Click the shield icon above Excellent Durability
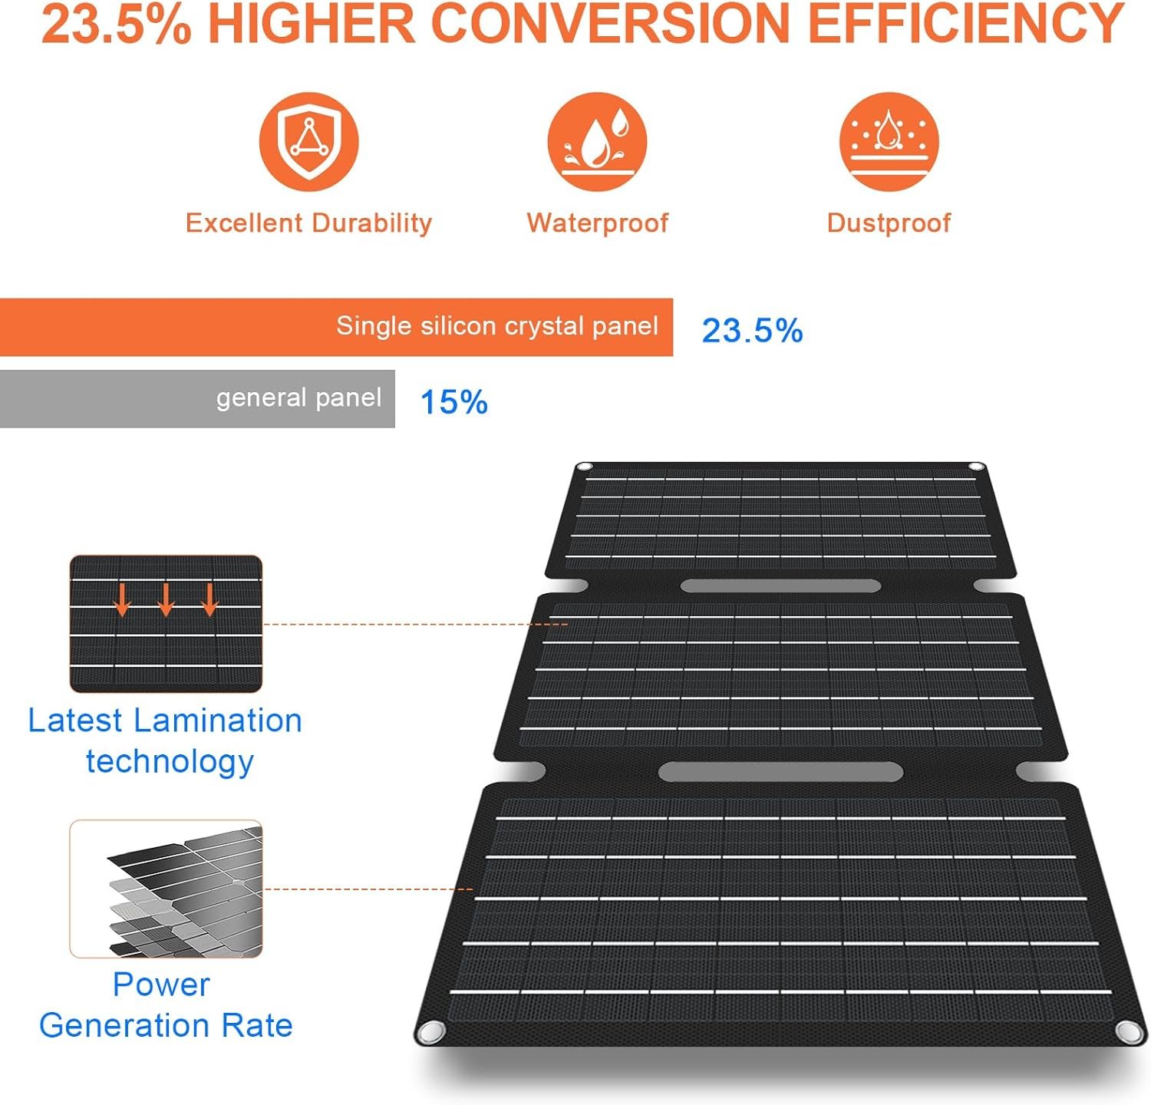click(x=308, y=142)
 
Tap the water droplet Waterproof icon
click(x=597, y=142)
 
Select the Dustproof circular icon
click(x=889, y=142)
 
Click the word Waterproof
click(x=597, y=223)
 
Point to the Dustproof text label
click(x=889, y=223)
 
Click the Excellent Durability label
click(x=308, y=223)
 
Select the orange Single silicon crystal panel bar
click(x=336, y=328)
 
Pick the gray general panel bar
click(x=197, y=399)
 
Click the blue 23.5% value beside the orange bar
click(x=752, y=331)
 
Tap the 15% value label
click(x=453, y=402)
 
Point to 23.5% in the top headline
click(x=116, y=24)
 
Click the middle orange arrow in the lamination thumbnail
click(x=166, y=600)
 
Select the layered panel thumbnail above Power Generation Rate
click(x=167, y=889)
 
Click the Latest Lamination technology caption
click(x=166, y=741)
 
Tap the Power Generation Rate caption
click(x=164, y=1004)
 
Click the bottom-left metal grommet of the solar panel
click(x=430, y=1031)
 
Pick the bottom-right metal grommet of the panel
click(x=1126, y=1031)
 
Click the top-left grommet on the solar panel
click(x=584, y=467)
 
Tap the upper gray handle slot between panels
click(x=780, y=586)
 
